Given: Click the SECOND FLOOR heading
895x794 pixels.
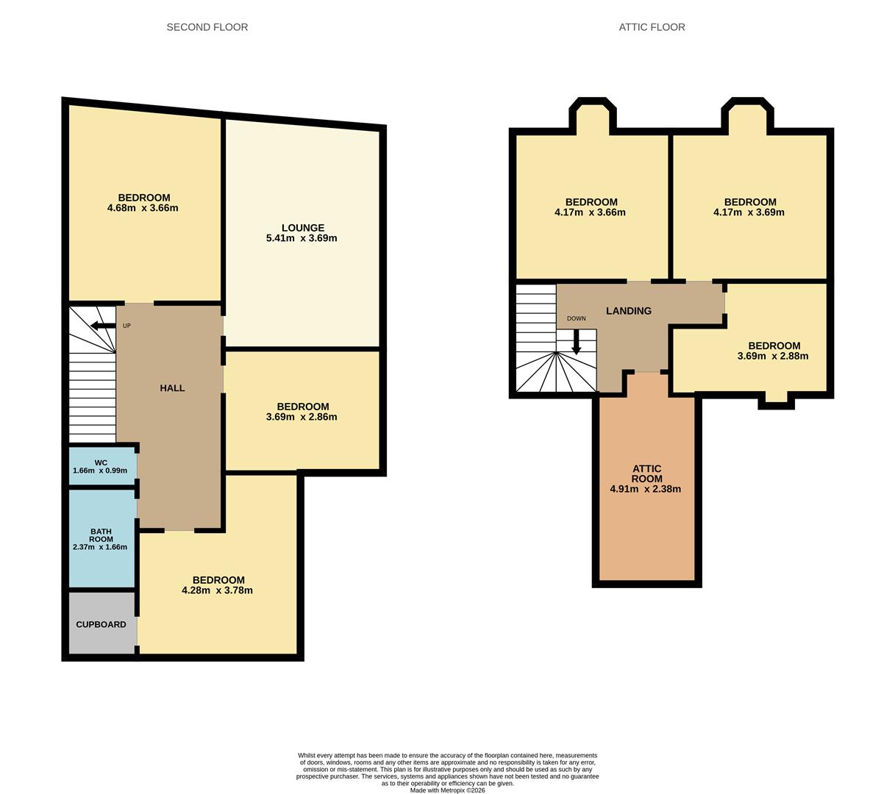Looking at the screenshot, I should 207,27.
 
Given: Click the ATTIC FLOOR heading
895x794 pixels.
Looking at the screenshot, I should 652,27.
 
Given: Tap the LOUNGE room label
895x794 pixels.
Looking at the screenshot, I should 302,228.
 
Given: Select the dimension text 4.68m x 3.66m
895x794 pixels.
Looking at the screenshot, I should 143,208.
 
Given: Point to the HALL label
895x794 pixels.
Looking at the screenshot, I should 172,388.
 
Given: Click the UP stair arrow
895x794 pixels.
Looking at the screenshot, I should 103,326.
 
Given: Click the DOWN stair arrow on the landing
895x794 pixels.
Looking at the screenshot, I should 576,341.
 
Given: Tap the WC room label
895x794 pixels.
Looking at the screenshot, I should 101,462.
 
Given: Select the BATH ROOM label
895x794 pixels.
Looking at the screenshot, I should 101,535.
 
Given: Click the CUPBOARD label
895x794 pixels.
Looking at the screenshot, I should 101,624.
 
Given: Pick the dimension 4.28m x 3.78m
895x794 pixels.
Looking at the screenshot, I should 217,590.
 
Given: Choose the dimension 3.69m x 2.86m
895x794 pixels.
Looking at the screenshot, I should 302,417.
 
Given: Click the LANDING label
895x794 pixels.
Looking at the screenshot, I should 629,311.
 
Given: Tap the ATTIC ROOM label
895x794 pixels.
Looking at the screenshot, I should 646,473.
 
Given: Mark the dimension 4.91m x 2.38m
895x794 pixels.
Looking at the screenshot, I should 646,489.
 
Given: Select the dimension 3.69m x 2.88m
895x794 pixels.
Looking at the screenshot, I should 772,357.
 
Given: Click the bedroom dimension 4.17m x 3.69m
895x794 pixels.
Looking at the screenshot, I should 749,212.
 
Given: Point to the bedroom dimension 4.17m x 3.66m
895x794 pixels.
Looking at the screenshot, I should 590,212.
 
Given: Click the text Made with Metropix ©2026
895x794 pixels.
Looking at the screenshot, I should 447,790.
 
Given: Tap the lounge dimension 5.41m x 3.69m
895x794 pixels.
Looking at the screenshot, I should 302,238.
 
